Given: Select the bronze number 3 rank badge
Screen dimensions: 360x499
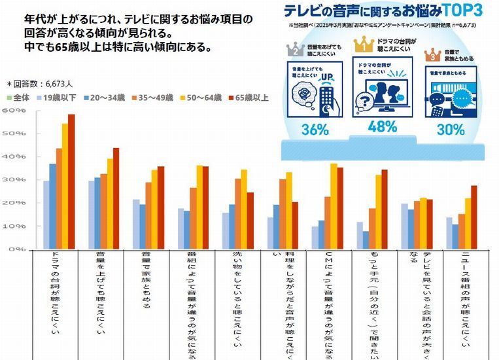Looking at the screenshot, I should click(x=433, y=56).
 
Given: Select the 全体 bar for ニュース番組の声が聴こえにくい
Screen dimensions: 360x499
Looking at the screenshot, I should click(x=449, y=234).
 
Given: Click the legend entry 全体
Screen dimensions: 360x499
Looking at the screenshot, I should click(x=19, y=98).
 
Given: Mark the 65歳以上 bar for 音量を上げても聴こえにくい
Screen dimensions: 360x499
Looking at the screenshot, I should click(x=116, y=198).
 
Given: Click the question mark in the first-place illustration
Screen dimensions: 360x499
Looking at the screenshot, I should click(x=363, y=100).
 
